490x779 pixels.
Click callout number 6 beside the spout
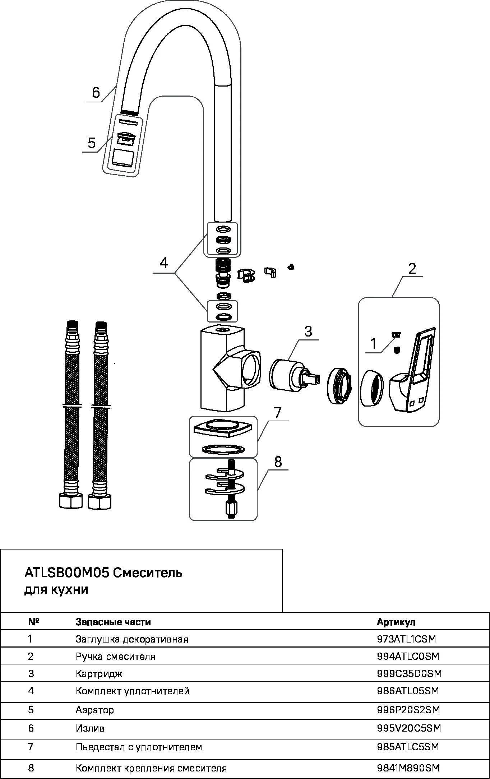click(x=96, y=93)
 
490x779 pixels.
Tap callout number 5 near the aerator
click(x=92, y=143)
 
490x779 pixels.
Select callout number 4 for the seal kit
click(x=163, y=263)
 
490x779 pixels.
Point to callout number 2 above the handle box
click(x=412, y=268)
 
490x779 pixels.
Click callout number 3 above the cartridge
click(x=308, y=331)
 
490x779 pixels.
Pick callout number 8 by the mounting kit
click(x=278, y=462)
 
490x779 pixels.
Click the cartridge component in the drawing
click(x=287, y=375)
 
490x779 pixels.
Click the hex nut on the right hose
click(x=100, y=501)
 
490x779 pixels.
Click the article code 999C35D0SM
click(x=409, y=673)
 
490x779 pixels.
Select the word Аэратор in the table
click(x=95, y=710)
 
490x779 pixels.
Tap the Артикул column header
click(x=396, y=622)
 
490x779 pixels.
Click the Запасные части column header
click(x=113, y=622)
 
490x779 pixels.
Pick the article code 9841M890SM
click(x=408, y=768)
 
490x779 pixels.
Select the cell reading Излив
click(x=90, y=728)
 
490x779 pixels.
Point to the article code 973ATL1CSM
click(x=406, y=639)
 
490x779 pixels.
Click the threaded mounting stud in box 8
click(x=230, y=488)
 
